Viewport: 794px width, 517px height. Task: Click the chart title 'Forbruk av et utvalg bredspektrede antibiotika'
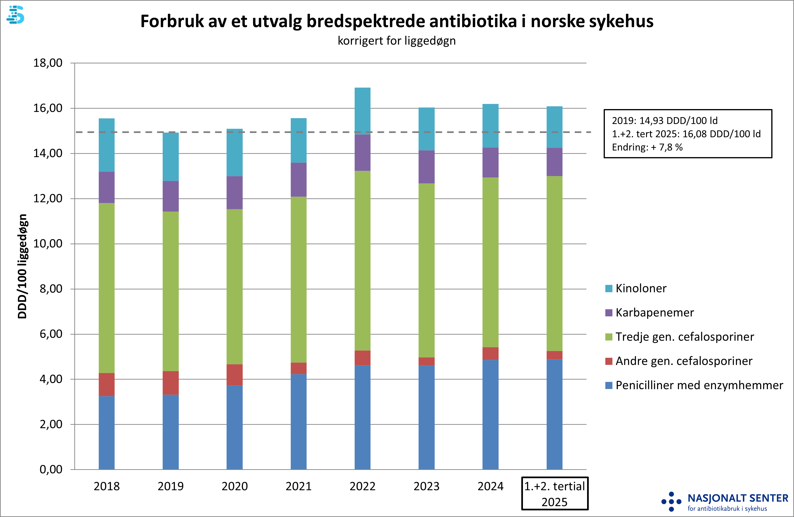397,21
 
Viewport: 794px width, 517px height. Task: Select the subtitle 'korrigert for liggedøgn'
397,41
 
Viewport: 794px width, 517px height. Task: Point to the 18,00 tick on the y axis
48,63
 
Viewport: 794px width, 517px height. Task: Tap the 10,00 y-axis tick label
48,243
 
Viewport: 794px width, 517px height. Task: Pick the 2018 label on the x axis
107,486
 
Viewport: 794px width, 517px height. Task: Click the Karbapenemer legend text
655,313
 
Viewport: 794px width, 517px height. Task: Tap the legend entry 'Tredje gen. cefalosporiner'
685,337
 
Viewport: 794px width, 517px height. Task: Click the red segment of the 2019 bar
170,383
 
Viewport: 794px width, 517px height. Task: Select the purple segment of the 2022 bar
362,153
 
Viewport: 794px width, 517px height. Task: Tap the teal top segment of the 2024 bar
491,126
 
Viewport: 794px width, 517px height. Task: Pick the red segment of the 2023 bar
426,362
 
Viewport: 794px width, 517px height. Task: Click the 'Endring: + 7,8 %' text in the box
647,147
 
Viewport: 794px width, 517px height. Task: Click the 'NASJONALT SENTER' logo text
738,498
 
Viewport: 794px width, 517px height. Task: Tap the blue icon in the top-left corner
16,15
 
